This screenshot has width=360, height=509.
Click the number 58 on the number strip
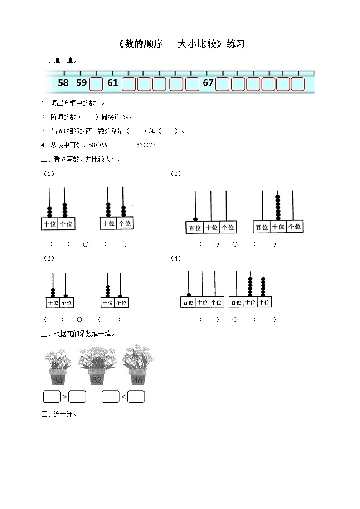[x=63, y=83]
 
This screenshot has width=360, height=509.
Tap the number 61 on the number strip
[x=113, y=83]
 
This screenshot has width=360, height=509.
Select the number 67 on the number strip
[x=208, y=83]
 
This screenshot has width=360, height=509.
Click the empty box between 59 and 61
[x=96, y=84]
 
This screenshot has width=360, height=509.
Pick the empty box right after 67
[x=222, y=84]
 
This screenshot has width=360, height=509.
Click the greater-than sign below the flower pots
[x=65, y=398]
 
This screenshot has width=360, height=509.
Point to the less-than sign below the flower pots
[x=123, y=398]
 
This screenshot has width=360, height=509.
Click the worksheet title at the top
[x=180, y=44]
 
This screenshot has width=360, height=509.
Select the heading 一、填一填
[x=59, y=60]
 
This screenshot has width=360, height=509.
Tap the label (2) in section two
[x=176, y=174]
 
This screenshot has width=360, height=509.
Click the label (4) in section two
[x=176, y=258]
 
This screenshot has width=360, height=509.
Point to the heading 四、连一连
[x=59, y=414]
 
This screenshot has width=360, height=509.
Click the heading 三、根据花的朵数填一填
[x=78, y=334]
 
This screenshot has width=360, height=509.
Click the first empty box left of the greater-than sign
[x=52, y=397]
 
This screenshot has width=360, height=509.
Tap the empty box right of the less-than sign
[x=136, y=397]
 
